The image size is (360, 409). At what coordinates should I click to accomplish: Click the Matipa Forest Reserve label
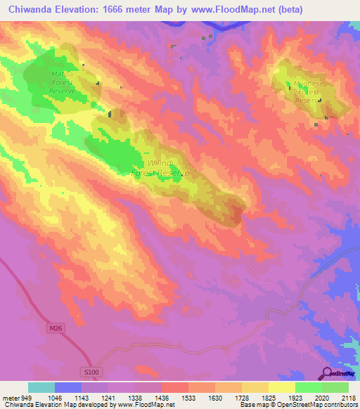tap(63, 81)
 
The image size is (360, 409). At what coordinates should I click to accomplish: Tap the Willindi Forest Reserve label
tap(160, 168)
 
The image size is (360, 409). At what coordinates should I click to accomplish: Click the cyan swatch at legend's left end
tap(41, 387)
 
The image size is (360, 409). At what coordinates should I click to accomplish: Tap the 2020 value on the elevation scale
tap(321, 397)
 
